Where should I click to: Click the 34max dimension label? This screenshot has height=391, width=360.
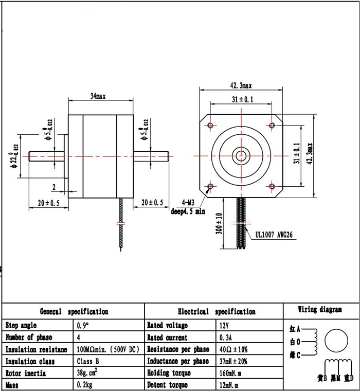(97, 96)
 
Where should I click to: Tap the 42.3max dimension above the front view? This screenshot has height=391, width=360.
(241, 85)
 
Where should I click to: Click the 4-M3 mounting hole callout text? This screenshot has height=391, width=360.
(191, 202)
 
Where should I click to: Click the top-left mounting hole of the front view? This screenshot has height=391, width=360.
(210, 125)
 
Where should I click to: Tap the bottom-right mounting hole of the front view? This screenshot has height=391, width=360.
(272, 186)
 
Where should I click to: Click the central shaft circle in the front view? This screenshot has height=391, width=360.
(241, 155)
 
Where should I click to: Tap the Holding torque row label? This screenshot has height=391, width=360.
(169, 373)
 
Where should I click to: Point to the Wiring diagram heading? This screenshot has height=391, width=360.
(320, 310)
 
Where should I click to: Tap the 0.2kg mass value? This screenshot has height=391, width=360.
(84, 385)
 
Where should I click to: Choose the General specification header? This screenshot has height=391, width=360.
(74, 311)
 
